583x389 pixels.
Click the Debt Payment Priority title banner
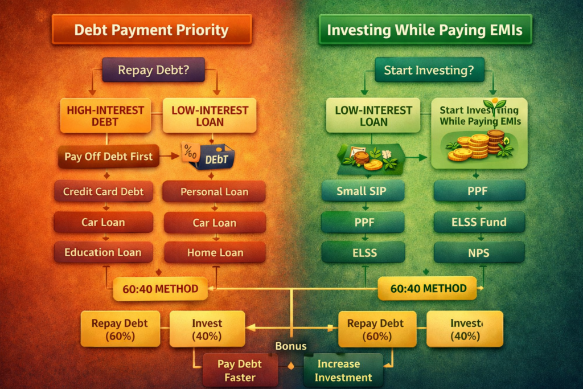click(x=151, y=30)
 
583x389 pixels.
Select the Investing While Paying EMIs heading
click(x=425, y=30)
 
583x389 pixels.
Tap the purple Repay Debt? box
click(x=153, y=71)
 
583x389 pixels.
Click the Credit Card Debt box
click(x=103, y=191)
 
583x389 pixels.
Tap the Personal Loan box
click(x=214, y=191)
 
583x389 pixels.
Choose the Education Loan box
click(x=103, y=252)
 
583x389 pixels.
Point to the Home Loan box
click(x=215, y=252)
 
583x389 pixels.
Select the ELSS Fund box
click(x=478, y=222)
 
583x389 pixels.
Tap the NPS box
click(x=478, y=252)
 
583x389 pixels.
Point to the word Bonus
click(x=291, y=346)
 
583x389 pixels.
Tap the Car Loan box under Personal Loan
click(x=214, y=222)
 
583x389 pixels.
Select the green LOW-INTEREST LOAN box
click(x=373, y=115)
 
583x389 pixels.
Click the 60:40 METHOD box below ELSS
click(x=428, y=288)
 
